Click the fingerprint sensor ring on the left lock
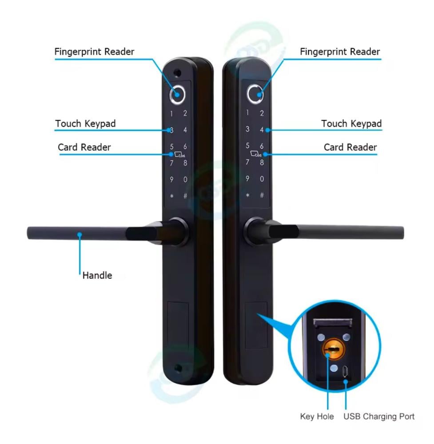(179, 94)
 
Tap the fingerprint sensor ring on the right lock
(255, 94)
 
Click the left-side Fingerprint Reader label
(94, 52)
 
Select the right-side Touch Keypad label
(351, 123)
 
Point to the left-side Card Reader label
(84, 147)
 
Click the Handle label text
(97, 275)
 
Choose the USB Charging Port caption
(379, 416)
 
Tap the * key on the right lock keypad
(247, 195)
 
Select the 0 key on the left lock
(185, 179)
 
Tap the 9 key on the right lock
(247, 179)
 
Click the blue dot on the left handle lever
(80, 233)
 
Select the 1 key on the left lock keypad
(171, 113)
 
